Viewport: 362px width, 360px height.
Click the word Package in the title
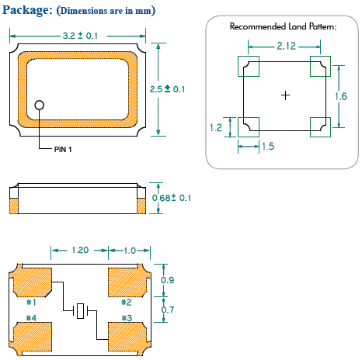click(27, 10)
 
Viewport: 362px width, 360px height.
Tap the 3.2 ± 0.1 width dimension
click(80, 36)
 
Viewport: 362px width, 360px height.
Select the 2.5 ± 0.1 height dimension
click(167, 89)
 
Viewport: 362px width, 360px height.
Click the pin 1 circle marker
click(39, 105)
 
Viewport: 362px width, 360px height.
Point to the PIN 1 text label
click(63, 149)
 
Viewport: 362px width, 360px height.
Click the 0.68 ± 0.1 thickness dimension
click(172, 198)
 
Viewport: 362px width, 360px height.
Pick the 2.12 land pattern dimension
click(287, 46)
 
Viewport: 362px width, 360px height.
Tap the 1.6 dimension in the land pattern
click(341, 96)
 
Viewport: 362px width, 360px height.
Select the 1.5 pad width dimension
click(268, 146)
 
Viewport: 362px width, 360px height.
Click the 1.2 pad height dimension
click(216, 127)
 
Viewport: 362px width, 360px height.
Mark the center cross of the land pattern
click(285, 95)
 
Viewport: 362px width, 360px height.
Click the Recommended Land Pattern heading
click(283, 26)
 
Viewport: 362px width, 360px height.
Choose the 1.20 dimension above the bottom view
click(80, 250)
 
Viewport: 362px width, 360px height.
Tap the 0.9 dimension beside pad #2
click(167, 280)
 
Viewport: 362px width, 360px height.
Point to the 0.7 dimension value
click(168, 310)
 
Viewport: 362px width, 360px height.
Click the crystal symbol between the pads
click(81, 311)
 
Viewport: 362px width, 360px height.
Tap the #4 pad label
click(31, 318)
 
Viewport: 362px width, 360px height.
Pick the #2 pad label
click(127, 302)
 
